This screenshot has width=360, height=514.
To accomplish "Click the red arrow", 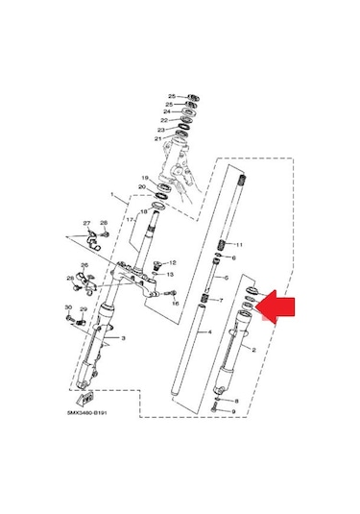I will pyautogui.click(x=279, y=308).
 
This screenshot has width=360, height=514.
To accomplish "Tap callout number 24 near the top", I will pyautogui.click(x=166, y=111).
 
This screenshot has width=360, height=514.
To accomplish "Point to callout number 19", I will pyautogui.click(x=144, y=179).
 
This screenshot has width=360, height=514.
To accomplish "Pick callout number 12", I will pyautogui.click(x=174, y=261).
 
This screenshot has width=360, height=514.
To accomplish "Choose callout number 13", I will pyautogui.click(x=170, y=275).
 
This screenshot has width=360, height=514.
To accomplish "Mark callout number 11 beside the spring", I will pyautogui.click(x=240, y=246).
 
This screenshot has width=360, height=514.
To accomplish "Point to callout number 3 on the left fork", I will pyautogui.click(x=122, y=338).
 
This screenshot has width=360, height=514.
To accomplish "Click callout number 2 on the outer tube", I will pyautogui.click(x=252, y=352).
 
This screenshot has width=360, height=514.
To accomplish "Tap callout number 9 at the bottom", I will pyautogui.click(x=231, y=411).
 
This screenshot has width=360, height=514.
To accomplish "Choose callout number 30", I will pyautogui.click(x=67, y=307).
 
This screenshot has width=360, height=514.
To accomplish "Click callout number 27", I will pyautogui.click(x=85, y=223).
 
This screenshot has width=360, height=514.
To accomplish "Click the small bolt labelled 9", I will pyautogui.click(x=212, y=410).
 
